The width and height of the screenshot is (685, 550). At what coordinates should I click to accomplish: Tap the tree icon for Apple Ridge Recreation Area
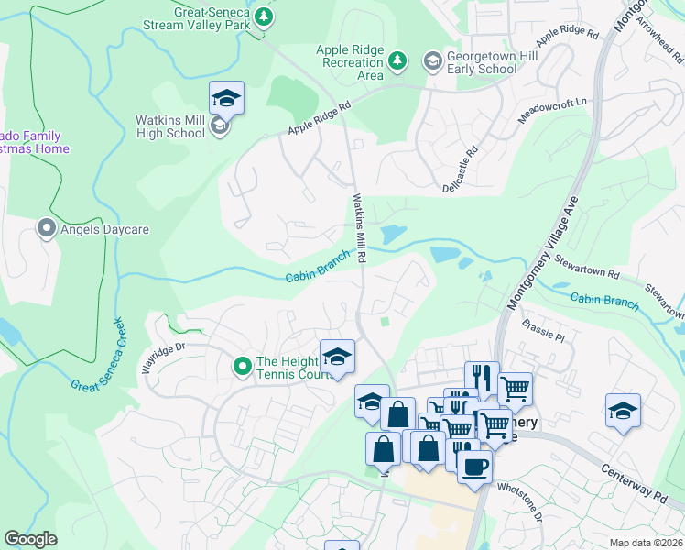[x=397, y=61]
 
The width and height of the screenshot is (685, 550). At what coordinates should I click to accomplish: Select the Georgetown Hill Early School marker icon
[x=431, y=61]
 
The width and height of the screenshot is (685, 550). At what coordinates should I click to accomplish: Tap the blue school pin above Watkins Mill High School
[x=226, y=97]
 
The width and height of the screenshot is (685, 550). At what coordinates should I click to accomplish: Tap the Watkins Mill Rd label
[x=359, y=228]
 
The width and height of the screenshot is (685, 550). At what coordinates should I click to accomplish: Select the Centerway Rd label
[x=635, y=480]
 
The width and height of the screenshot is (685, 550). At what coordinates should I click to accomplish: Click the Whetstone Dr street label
[x=519, y=502]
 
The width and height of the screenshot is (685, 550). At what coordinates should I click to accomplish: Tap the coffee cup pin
[x=473, y=466]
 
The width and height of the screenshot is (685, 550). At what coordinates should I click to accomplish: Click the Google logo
[x=31, y=538]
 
